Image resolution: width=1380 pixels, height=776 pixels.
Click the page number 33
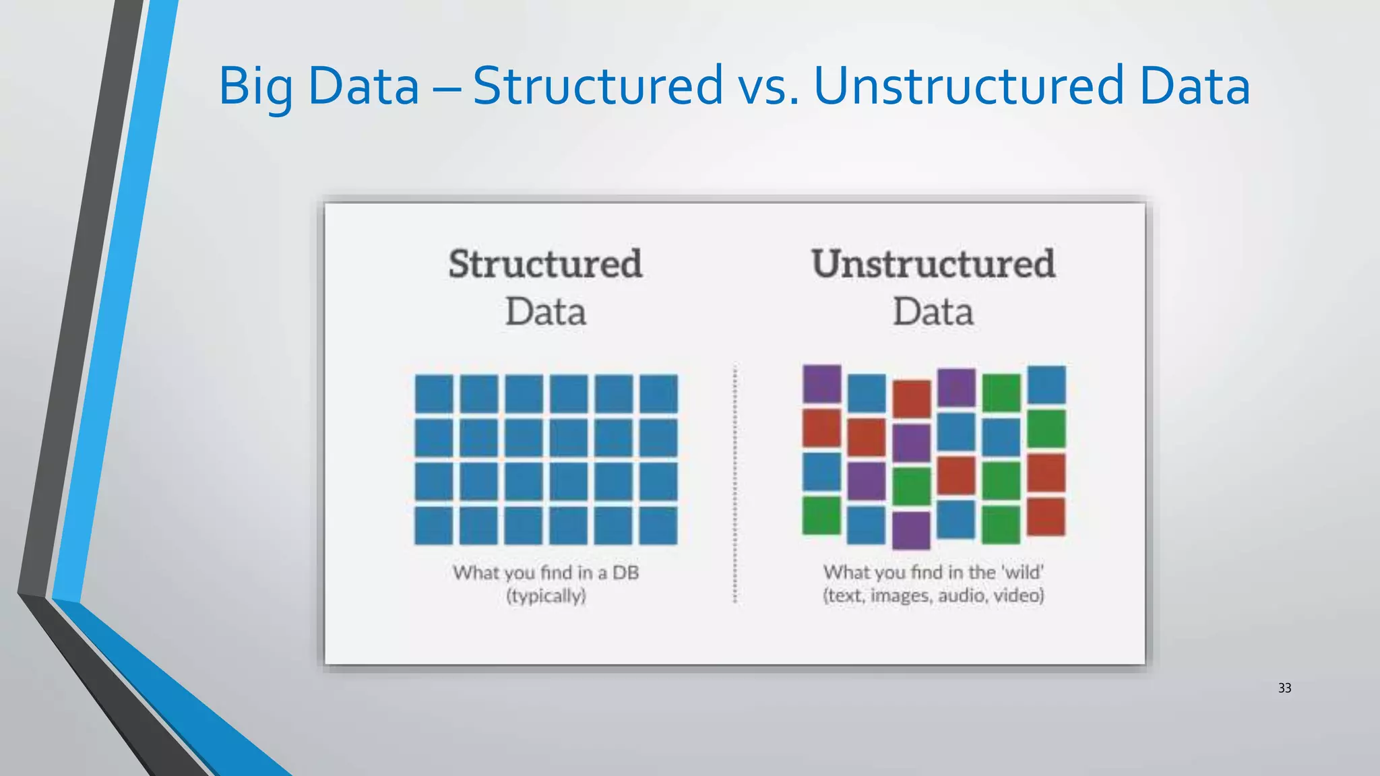pyautogui.click(x=1284, y=688)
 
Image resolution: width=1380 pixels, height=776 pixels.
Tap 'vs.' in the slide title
pyautogui.click(x=768, y=86)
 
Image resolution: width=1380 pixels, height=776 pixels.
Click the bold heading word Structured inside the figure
pyautogui.click(x=545, y=263)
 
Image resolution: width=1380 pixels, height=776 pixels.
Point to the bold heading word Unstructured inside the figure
pyautogui.click(x=933, y=263)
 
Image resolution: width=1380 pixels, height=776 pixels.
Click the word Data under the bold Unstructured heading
pyautogui.click(x=933, y=312)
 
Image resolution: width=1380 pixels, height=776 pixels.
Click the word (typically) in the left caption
pyautogui.click(x=546, y=596)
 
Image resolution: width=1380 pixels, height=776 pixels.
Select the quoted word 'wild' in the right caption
pyautogui.click(x=1022, y=573)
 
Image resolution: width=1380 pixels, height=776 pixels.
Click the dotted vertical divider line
pyautogui.click(x=734, y=485)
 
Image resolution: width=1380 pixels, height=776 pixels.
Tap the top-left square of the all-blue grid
pyautogui.click(x=433, y=393)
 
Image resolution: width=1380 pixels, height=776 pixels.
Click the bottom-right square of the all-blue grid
pyautogui.click(x=658, y=525)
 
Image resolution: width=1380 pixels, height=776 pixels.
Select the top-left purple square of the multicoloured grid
pyautogui.click(x=822, y=384)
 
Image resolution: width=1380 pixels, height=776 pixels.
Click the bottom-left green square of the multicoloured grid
pyautogui.click(x=822, y=515)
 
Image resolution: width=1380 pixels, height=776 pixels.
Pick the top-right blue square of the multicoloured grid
pyautogui.click(x=1046, y=385)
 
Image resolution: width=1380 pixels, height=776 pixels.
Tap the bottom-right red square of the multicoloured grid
pyautogui.click(x=1046, y=516)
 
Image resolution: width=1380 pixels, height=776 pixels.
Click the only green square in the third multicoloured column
pyautogui.click(x=912, y=486)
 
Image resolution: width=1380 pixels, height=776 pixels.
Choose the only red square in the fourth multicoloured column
pyautogui.click(x=956, y=475)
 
